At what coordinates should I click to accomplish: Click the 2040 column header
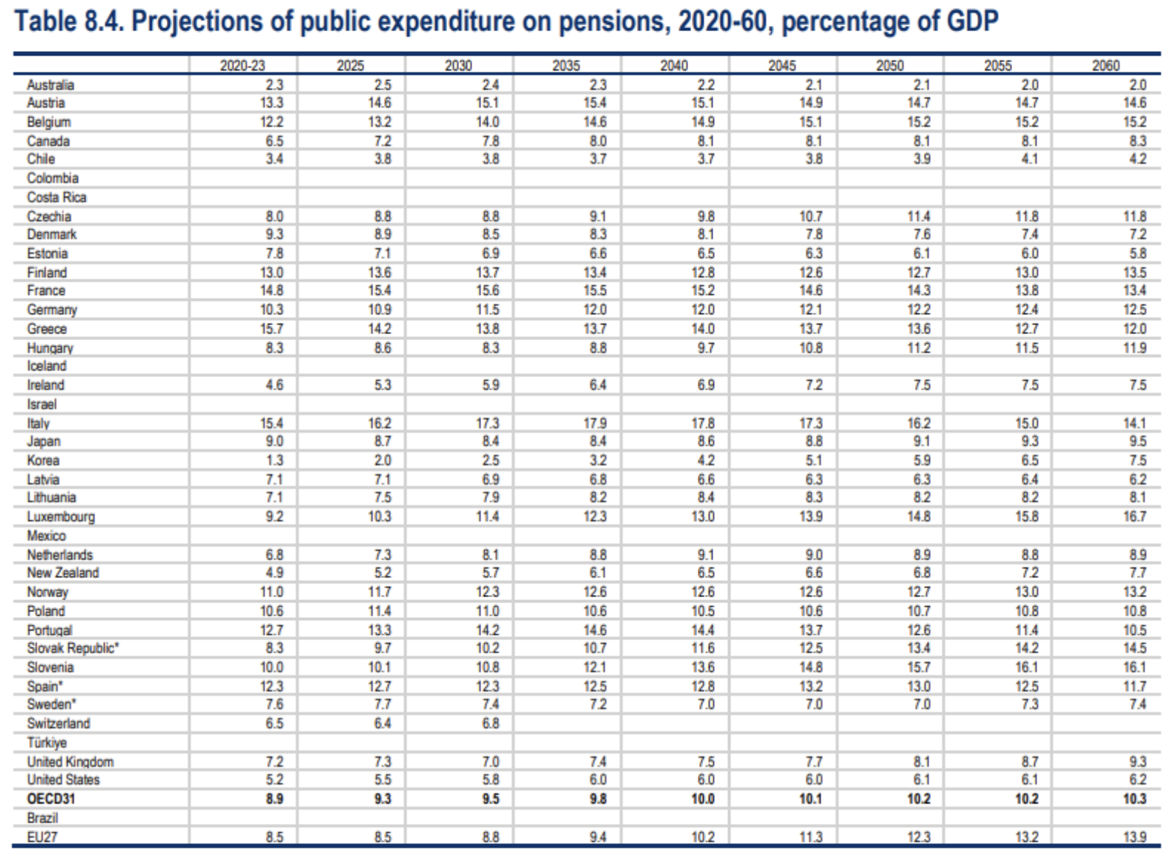click(673, 65)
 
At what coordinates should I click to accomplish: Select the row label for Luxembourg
click(61, 516)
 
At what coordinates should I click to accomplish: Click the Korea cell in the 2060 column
click(1137, 460)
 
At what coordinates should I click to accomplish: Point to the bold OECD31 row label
click(50, 799)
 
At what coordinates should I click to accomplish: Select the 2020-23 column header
click(242, 65)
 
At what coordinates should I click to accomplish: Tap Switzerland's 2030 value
click(490, 723)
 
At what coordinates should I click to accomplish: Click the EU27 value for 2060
click(1134, 837)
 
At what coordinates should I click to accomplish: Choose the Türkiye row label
click(47, 742)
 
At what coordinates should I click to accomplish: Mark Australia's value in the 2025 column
click(383, 84)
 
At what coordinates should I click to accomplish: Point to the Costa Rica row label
click(56, 197)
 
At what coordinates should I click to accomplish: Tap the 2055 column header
click(997, 65)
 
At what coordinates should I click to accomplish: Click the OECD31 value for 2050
click(919, 799)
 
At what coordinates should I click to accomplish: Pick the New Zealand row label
click(63, 573)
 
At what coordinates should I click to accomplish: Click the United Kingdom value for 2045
click(813, 762)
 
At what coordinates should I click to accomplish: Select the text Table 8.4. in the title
click(70, 21)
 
